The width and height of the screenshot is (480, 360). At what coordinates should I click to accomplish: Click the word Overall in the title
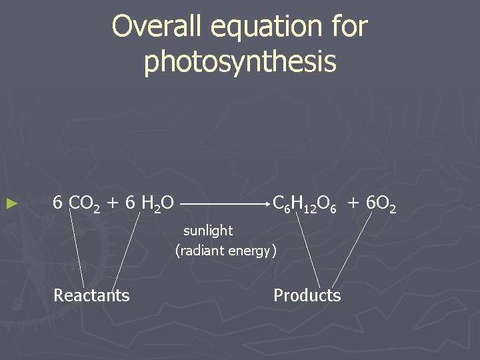[x=153, y=27]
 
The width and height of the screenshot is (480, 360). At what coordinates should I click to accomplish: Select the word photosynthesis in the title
[x=240, y=62]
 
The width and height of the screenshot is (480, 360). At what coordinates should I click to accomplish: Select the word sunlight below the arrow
[x=208, y=231]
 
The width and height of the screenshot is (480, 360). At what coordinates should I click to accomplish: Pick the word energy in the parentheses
[x=250, y=251]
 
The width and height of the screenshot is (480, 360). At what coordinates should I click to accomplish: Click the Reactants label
[x=91, y=295]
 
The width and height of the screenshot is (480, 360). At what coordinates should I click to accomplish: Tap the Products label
[x=307, y=295]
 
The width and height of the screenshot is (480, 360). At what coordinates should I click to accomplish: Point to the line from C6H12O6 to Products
[x=308, y=250]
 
